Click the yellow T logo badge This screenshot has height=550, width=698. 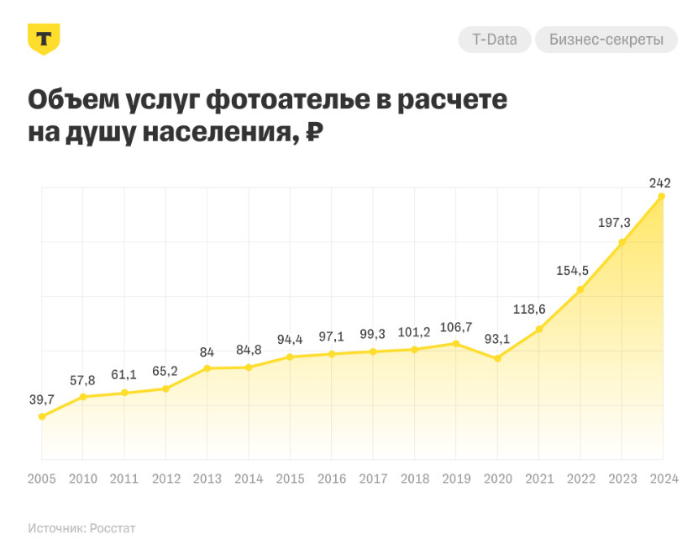pos(44,39)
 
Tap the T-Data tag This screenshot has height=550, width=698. pos(495,40)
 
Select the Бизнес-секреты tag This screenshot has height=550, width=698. pos(606,40)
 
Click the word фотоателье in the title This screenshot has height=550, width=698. pos(286,100)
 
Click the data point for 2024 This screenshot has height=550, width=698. pos(662,197)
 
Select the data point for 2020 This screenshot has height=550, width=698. pos(497,358)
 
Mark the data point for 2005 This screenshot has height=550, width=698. pos(42,416)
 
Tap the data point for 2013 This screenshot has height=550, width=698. pos(207,368)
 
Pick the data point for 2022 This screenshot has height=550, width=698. pos(580,290)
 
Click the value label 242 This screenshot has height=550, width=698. pos(659,182)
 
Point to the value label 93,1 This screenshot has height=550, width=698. pos(497,339)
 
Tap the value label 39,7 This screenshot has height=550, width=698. pos(41,399)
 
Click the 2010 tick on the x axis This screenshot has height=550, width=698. pos(82,479)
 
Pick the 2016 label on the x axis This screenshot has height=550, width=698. pos(332,479)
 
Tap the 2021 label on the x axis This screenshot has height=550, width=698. pos(538,479)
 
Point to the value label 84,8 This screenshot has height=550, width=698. pos(248,352)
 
